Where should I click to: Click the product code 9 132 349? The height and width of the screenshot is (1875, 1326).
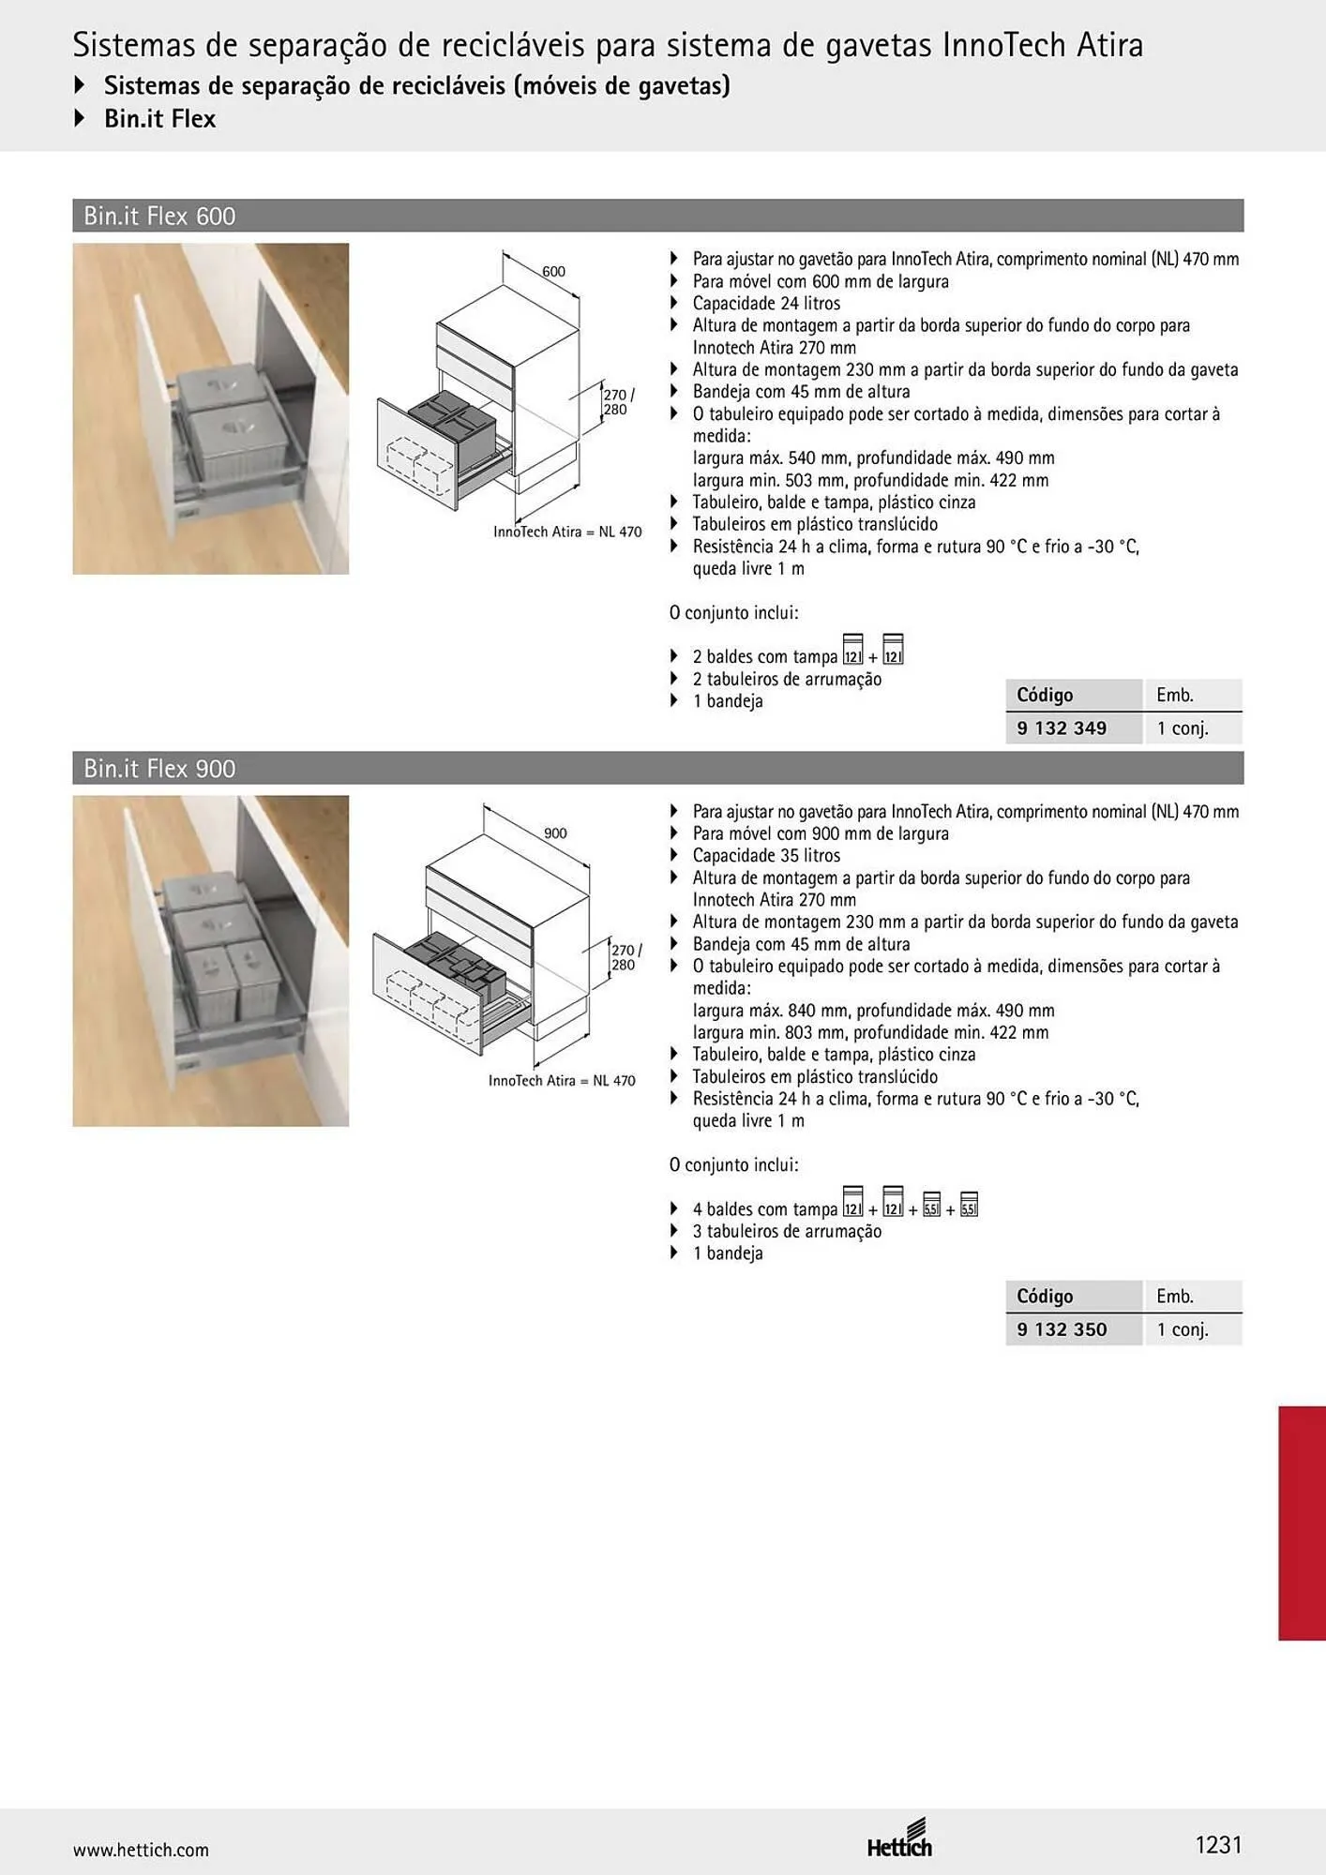point(1062,728)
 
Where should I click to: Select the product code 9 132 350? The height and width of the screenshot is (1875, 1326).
point(1062,1329)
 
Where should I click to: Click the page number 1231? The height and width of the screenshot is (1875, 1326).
point(1218,1845)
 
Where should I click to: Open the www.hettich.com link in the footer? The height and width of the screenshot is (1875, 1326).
point(141,1850)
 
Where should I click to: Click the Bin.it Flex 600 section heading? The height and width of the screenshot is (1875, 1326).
point(159,216)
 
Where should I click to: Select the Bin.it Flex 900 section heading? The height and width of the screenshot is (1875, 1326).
point(159,769)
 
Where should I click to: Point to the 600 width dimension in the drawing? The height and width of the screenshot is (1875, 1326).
point(553,272)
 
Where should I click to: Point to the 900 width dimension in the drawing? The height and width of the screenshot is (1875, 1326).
point(555,833)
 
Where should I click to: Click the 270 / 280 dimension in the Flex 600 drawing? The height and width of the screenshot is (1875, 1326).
point(619,402)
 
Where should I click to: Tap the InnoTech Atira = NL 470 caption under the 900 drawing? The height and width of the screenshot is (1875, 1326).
point(562,1081)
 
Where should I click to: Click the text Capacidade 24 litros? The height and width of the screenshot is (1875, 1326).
point(766,304)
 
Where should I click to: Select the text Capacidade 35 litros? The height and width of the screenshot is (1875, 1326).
point(766,856)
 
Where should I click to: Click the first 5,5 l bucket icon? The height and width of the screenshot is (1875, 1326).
point(931,1204)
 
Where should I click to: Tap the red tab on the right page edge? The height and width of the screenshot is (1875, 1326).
point(1302,1522)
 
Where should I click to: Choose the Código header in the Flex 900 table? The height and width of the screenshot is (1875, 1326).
point(1045,1297)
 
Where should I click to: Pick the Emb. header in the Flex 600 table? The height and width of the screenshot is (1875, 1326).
point(1175,696)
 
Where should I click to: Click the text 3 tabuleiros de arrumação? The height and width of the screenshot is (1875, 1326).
point(787,1232)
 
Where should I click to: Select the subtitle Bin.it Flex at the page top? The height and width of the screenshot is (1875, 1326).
point(159,119)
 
